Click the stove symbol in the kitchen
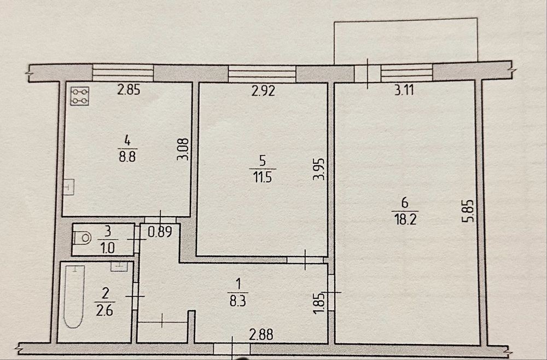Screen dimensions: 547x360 [80, 96]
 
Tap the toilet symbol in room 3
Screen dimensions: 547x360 [83, 238]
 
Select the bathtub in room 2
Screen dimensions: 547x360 [74, 297]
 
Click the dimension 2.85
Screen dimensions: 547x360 [129, 90]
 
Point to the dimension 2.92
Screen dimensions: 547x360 [264, 91]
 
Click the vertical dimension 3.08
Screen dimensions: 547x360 [183, 149]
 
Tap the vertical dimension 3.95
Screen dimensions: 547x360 [319, 169]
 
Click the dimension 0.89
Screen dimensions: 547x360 [160, 233]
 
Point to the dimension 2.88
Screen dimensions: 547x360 [261, 335]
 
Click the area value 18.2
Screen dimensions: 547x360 [404, 220]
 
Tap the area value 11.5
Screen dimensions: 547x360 [263, 178]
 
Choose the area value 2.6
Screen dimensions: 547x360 [104, 310]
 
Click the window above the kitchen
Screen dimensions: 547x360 [123, 73]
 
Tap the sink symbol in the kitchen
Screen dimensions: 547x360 [69, 187]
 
